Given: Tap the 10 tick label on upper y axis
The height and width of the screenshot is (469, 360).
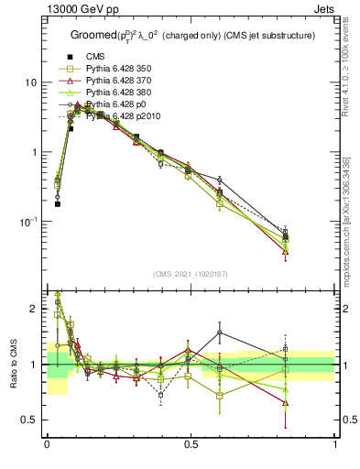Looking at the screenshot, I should click(29, 82).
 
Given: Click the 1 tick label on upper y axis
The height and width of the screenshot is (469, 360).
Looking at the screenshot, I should click(33, 152).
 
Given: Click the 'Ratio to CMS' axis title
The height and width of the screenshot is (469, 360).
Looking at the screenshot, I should click(12, 364).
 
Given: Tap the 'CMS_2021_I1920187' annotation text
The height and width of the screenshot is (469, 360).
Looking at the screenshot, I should click(191, 274).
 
